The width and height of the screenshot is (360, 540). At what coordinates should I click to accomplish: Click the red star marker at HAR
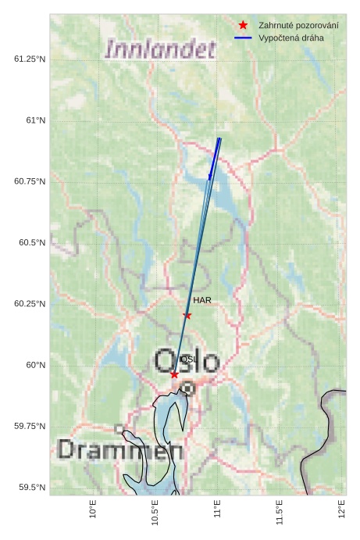pyautogui.click(x=187, y=315)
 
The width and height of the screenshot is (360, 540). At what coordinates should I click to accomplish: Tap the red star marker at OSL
pyautogui.click(x=174, y=374)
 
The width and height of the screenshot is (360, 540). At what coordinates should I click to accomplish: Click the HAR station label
pyautogui.click(x=202, y=300)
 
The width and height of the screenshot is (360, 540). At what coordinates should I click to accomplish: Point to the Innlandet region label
pyautogui.click(x=160, y=50)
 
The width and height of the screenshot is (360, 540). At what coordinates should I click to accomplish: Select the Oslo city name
pyautogui.click(x=187, y=361)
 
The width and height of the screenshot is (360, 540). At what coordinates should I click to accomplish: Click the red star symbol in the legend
pyautogui.click(x=244, y=26)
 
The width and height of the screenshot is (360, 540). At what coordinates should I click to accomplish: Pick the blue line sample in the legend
pyautogui.click(x=244, y=38)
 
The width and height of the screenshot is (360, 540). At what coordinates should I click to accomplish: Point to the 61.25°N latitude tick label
pyautogui.click(x=30, y=59)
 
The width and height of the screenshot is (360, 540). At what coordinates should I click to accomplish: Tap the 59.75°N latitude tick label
pyautogui.click(x=30, y=426)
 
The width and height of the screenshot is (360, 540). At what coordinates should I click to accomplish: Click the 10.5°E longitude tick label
pyautogui.click(x=155, y=512)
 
